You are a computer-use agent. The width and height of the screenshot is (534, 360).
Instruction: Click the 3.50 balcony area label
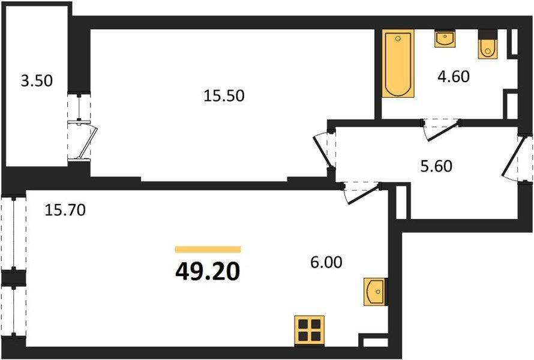pos(37,82)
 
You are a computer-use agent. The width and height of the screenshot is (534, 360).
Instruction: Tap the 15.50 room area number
pos(224,96)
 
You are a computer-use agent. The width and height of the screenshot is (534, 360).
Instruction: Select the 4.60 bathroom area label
pos(453,76)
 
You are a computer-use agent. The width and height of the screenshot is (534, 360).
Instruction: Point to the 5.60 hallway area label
pos(436,166)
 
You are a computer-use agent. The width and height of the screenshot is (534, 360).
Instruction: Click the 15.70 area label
pos(65,210)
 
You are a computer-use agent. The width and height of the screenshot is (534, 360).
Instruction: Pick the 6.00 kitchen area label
pos(326,262)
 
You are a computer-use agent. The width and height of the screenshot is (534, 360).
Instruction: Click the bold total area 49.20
pos(208,272)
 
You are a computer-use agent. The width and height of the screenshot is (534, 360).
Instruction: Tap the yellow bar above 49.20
pos(208,250)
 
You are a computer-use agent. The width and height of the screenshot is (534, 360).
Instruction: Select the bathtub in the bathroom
pos(398,64)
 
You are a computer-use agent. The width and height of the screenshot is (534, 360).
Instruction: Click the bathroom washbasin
pos(445,38)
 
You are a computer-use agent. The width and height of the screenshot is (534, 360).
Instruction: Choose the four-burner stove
pos(309,330)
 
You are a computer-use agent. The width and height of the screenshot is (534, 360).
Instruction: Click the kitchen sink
pos(375,292)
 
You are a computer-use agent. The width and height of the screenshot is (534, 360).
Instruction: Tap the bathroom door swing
pos(442,130)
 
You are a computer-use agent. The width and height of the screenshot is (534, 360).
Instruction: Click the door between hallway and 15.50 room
pos(323,151)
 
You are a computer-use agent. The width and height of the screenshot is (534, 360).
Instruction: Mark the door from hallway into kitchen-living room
pos(362,193)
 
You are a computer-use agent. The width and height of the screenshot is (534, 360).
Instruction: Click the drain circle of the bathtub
pos(398,39)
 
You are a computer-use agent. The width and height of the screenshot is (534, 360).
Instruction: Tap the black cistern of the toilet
pos(488,34)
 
